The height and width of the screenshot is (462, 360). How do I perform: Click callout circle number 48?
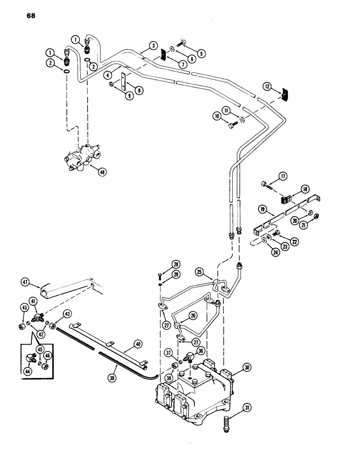click(x=102, y=171)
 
